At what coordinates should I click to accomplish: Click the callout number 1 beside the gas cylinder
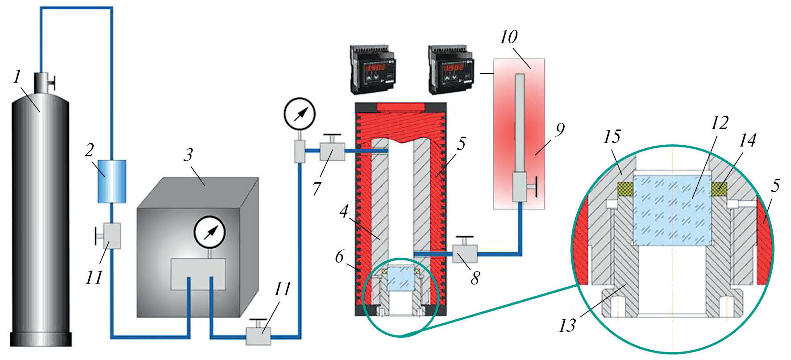click(x=17, y=76)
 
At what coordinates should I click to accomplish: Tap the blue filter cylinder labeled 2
click(x=112, y=181)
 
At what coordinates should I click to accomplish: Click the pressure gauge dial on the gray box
click(x=209, y=232)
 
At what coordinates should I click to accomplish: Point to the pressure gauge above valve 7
click(x=300, y=113)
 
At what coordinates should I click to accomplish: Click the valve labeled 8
click(x=465, y=253)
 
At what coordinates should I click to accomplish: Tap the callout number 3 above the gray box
click(x=188, y=155)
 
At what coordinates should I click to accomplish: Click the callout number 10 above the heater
click(x=508, y=37)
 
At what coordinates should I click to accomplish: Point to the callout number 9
click(x=560, y=130)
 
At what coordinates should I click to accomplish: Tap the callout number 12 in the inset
click(x=719, y=123)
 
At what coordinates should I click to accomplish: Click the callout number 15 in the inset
click(x=612, y=137)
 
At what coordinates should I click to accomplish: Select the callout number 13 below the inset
click(x=567, y=326)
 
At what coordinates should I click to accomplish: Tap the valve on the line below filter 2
click(x=110, y=235)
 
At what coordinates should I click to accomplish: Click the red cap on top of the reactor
click(x=400, y=107)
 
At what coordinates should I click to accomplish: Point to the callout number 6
click(x=340, y=257)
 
